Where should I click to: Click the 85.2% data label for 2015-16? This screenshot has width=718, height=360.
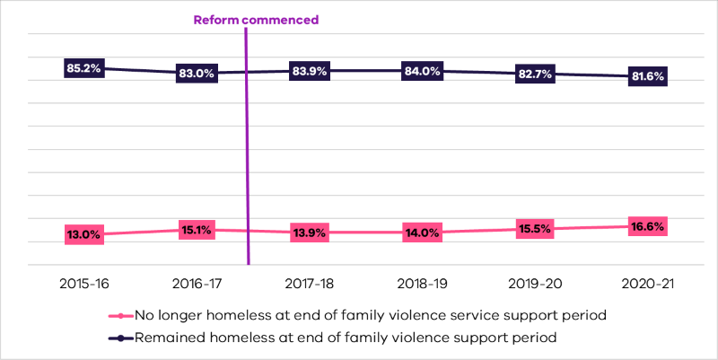[x=83, y=67]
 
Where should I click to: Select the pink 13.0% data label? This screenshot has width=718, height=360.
[x=83, y=234]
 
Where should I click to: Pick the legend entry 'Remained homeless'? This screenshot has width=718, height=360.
[x=346, y=338]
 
